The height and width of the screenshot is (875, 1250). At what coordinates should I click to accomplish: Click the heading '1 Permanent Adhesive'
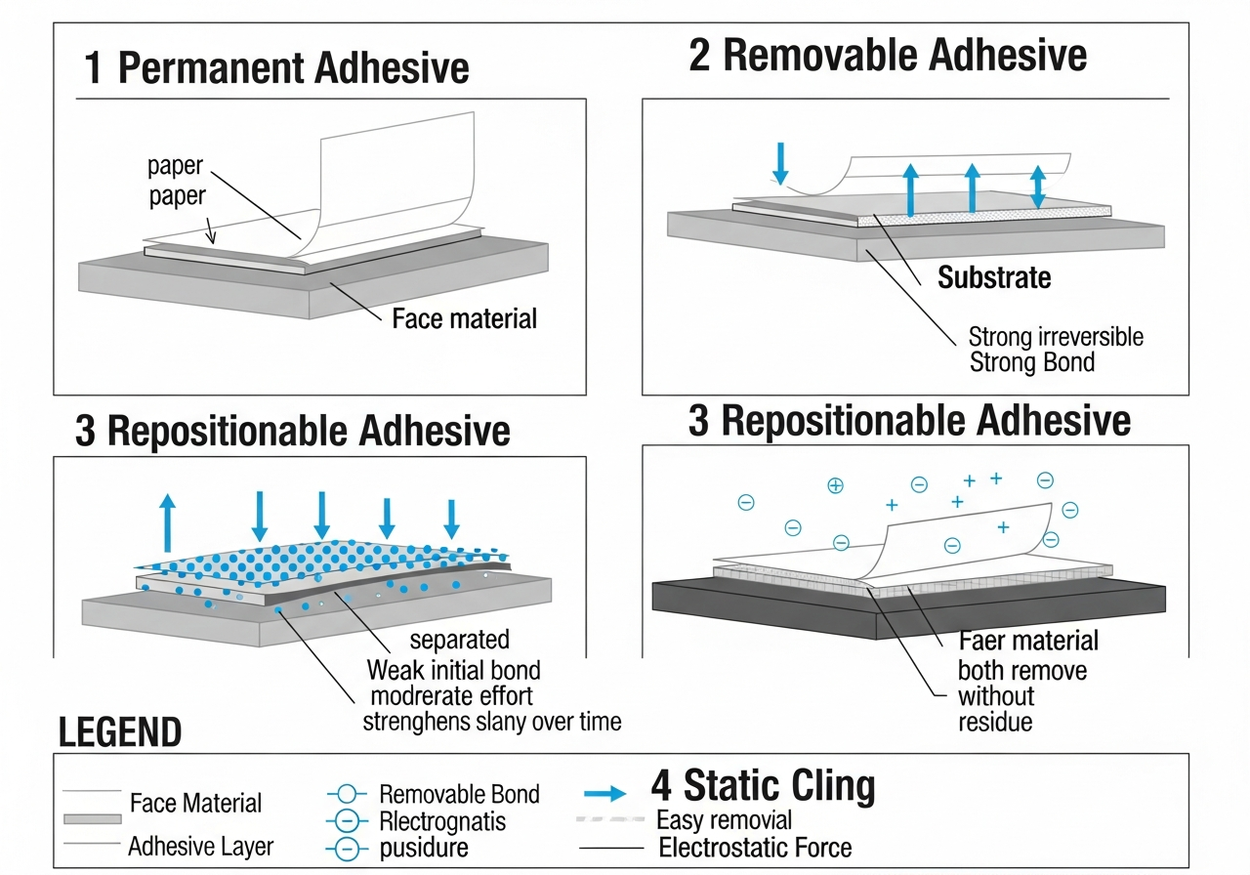click(x=276, y=68)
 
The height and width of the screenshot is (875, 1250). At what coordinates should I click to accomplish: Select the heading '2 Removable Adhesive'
click(x=888, y=55)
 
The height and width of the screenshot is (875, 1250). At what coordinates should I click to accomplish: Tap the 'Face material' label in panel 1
click(x=464, y=318)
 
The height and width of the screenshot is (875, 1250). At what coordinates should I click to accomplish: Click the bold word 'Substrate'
click(x=994, y=277)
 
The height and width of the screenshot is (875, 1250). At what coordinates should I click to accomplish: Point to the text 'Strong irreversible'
click(x=1055, y=338)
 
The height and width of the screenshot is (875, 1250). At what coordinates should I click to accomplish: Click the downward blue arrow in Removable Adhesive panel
click(x=779, y=163)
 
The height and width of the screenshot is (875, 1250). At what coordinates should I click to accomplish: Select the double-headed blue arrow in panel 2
click(x=1038, y=186)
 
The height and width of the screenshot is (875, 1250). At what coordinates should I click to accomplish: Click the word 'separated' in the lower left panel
click(x=459, y=640)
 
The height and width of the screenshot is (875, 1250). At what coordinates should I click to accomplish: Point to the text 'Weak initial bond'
click(x=453, y=671)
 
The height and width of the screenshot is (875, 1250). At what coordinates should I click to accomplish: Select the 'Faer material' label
click(x=1028, y=641)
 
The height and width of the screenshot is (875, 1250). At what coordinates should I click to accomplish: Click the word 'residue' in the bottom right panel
click(x=995, y=723)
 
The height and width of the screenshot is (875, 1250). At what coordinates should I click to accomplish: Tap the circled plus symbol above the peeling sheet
click(x=835, y=485)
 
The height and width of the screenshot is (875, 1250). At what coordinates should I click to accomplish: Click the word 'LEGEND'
click(x=120, y=732)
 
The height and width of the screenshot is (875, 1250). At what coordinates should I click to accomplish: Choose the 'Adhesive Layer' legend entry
click(x=201, y=846)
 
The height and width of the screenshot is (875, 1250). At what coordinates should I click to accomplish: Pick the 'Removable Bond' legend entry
click(x=459, y=794)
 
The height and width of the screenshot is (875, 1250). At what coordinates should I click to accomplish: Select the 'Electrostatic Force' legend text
click(x=755, y=848)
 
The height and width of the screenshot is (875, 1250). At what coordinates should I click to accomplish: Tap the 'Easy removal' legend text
click(x=724, y=819)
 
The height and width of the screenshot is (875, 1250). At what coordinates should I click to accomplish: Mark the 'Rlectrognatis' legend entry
click(x=442, y=821)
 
